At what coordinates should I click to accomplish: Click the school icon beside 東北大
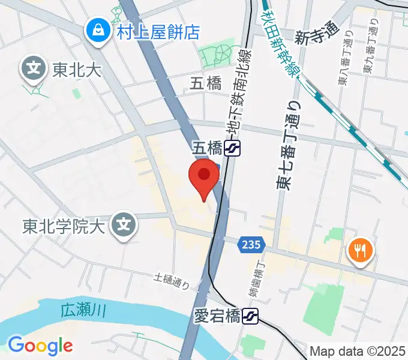34,68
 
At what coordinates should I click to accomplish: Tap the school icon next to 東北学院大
124,226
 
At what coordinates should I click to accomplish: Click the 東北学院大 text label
64,227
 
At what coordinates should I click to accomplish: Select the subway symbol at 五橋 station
232,148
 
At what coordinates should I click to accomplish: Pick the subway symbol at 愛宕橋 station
251,316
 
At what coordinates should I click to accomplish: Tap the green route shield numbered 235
251,244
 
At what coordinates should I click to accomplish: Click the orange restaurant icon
360,251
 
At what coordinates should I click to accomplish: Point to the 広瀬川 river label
83,311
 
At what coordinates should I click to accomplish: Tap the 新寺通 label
317,33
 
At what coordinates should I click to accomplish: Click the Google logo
40,345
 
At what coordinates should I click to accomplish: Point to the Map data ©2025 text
357,351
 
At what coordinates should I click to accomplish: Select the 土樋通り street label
172,280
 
